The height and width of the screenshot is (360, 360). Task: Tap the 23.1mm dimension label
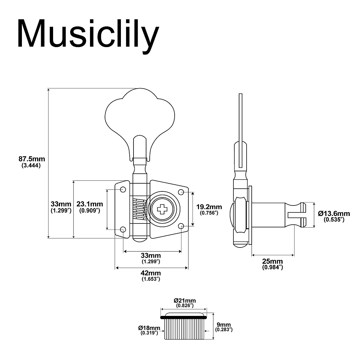tap(90, 204)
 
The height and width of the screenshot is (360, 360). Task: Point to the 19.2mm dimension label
tap(209, 207)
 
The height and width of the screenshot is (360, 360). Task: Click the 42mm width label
tap(151, 273)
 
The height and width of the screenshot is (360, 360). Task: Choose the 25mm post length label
tap(272, 261)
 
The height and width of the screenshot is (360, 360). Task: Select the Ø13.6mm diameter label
tap(334, 214)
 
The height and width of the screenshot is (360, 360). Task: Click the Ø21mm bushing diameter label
tap(184, 300)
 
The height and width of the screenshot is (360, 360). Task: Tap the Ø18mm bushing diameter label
tap(149, 327)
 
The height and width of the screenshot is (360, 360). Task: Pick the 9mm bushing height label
tap(224, 325)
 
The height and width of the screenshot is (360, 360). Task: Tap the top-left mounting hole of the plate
tap(123, 190)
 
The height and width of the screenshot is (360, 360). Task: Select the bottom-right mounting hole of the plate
tap(181, 226)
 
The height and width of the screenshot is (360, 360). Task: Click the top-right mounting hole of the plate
tap(181, 192)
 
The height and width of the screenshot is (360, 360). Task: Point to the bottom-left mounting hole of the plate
tap(123, 229)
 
